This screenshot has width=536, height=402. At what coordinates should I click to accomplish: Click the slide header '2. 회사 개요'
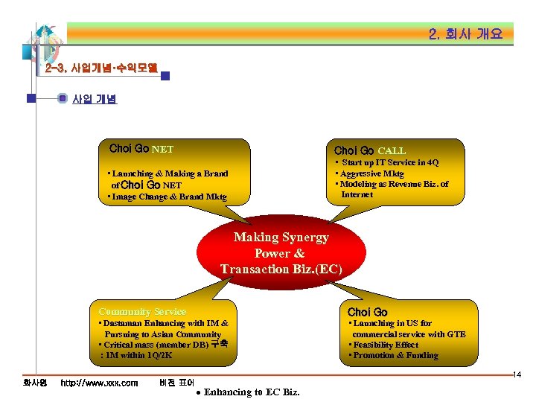coord(465,34)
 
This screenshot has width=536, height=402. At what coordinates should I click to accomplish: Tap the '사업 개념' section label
coord(94,98)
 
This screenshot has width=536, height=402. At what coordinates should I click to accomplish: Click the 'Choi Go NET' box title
coord(141,149)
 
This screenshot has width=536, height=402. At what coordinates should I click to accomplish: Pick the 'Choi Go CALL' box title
coord(370,150)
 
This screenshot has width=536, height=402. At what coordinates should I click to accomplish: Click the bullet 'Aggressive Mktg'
coord(372,173)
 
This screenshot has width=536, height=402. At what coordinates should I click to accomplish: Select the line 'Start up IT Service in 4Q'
coord(389,162)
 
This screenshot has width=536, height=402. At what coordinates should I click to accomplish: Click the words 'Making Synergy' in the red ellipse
coord(281,237)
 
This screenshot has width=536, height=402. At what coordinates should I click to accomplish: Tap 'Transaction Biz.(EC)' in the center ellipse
coord(281,269)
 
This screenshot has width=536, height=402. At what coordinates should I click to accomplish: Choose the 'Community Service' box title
coord(142,311)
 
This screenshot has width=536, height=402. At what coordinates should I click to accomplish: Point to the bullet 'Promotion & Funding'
coord(395,355)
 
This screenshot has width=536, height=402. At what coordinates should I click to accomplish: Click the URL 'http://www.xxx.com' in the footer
coord(99,383)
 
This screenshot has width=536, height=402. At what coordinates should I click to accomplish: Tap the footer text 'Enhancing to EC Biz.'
coord(252,392)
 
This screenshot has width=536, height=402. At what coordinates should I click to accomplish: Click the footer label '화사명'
coord(35,383)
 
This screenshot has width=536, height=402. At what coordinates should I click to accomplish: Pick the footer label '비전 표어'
coord(177,383)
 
